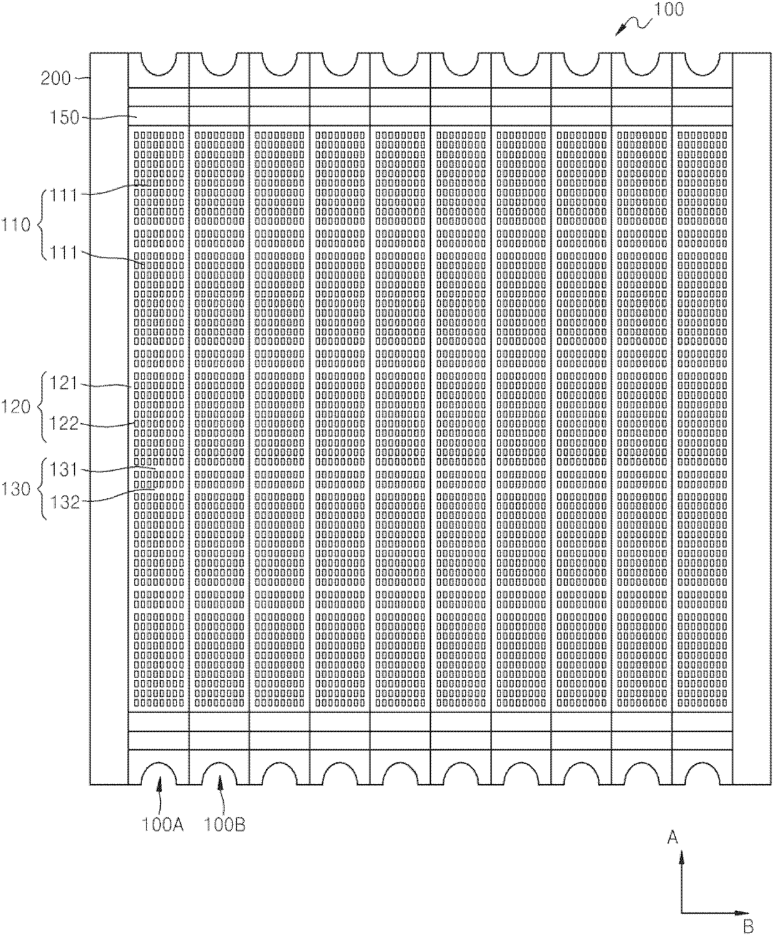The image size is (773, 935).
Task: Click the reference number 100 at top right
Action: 669,10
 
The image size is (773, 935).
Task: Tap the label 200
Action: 55,79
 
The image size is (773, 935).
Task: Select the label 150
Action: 64,118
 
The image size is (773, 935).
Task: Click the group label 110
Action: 16,224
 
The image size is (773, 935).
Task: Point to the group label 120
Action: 16,406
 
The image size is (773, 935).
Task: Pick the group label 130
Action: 16,489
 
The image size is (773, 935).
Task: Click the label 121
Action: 63,384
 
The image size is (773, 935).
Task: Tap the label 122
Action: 63,424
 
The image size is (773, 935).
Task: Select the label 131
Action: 63,470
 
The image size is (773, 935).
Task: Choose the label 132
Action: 64,502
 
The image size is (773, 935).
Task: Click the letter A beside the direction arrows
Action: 673,837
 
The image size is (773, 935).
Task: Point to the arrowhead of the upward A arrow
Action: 681,858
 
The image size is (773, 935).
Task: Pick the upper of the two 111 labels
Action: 64,195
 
